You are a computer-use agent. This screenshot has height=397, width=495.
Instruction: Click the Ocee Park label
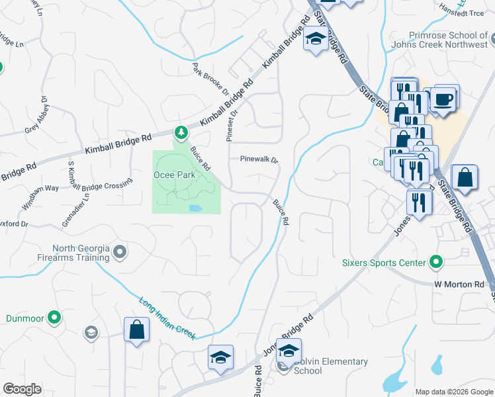click(x=175, y=175)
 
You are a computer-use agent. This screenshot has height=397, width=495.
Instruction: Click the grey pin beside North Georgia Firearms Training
click(x=120, y=251)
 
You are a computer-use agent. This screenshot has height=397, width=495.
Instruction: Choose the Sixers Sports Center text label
click(x=383, y=263)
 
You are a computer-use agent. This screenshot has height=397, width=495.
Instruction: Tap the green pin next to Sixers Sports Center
click(x=435, y=263)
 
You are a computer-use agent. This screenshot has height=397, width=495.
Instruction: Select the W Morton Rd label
click(x=459, y=285)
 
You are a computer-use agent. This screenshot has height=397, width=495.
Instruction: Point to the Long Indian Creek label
click(x=167, y=319)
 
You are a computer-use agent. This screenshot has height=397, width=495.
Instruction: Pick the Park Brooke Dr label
click(x=210, y=79)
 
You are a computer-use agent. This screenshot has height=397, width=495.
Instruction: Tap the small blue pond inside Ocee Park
click(x=195, y=208)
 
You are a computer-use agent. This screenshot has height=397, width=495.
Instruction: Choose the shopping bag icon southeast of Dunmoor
click(x=136, y=330)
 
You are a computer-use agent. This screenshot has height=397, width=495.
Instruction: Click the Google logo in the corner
click(x=22, y=389)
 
